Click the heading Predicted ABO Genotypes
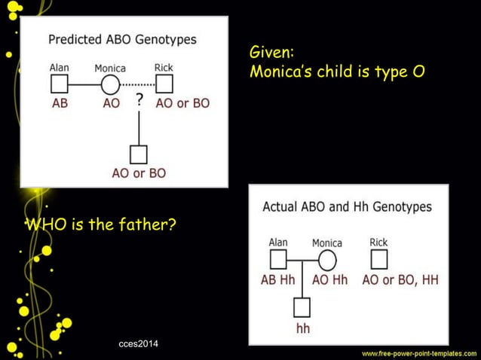point(122,39)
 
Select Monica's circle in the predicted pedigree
point(111,84)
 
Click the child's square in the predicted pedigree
point(138,154)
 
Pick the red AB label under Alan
point(60,103)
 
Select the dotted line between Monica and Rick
point(137,84)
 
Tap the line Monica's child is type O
point(336,74)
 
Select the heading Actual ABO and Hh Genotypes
point(347,206)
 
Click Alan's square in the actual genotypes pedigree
point(278,260)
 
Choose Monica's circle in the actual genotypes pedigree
point(326,260)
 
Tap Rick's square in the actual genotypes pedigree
point(378,260)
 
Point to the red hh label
point(302,328)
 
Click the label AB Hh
point(278,280)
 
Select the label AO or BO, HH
point(400,280)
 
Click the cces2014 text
point(143,344)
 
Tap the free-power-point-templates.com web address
point(418,352)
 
